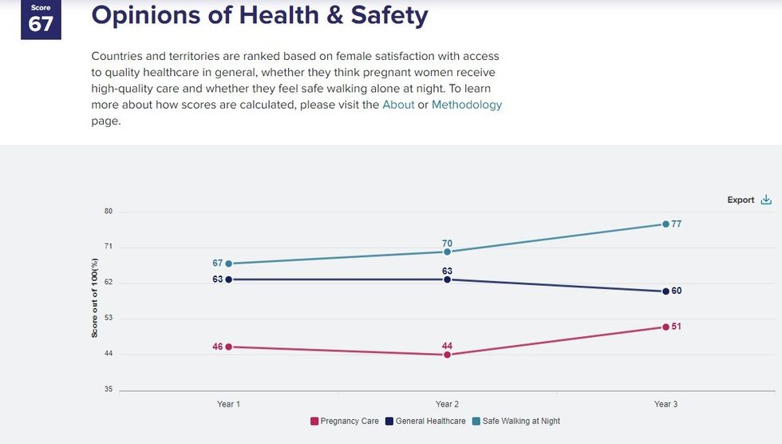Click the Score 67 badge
tap(41, 19)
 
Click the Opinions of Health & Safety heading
tap(260, 15)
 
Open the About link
tap(398, 105)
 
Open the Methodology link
tap(467, 105)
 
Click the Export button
tap(749, 200)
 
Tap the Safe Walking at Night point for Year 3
tap(665, 224)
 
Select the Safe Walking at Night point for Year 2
tap(447, 252)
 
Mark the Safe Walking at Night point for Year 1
tap(228, 264)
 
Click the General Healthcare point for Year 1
tap(228, 279)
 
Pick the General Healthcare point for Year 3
tap(665, 291)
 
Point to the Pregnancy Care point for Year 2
tap(447, 355)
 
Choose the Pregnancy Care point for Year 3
tap(665, 327)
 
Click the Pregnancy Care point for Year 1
tap(228, 347)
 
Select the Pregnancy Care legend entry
tap(342, 421)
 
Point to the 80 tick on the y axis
tap(108, 212)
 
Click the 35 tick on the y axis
tap(108, 390)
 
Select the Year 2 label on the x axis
tap(447, 404)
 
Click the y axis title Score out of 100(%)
tap(94, 298)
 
